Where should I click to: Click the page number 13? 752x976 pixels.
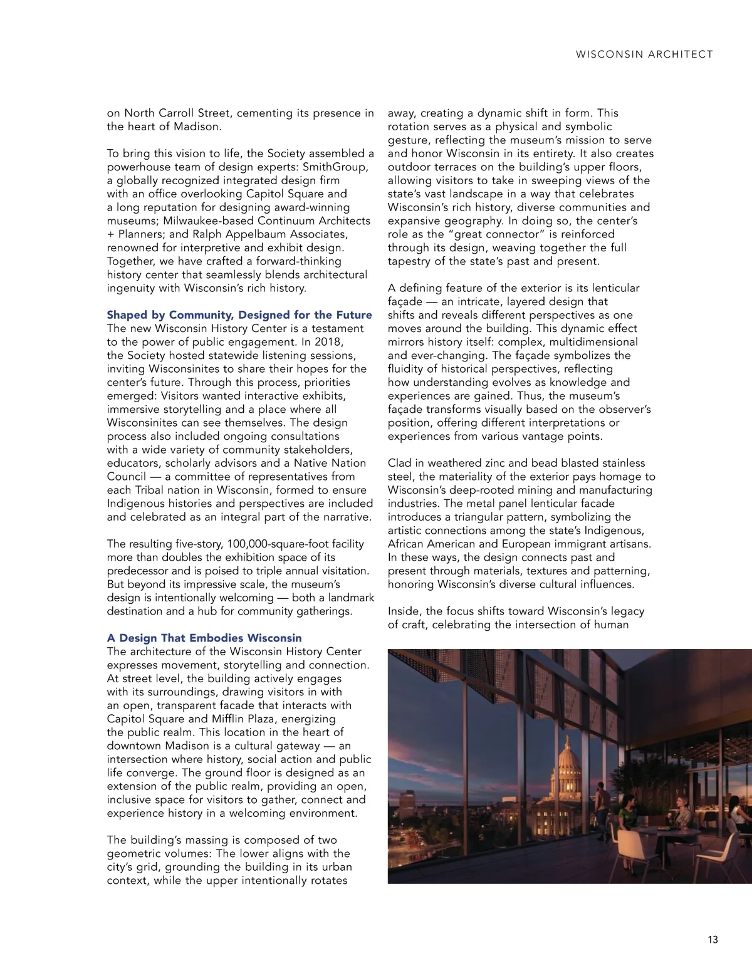(713, 940)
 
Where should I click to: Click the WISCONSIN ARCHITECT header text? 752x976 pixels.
(644, 55)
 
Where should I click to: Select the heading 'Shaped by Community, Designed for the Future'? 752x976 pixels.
(239, 315)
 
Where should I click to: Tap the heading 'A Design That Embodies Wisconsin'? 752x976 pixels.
(204, 638)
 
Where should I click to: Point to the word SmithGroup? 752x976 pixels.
(335, 167)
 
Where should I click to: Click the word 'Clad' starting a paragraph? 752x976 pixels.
(400, 463)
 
